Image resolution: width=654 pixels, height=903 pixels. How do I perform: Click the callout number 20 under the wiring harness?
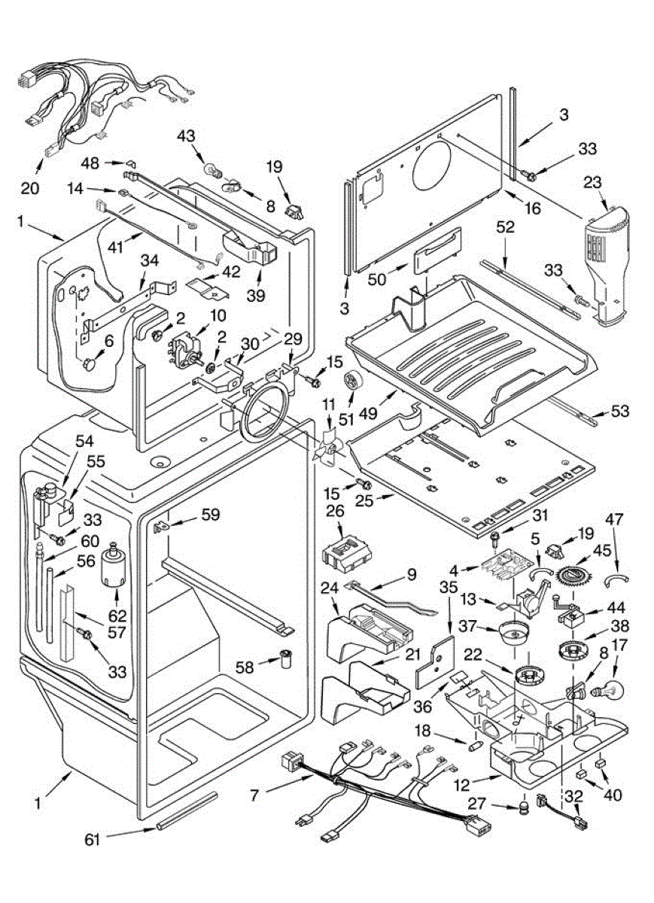tap(30, 188)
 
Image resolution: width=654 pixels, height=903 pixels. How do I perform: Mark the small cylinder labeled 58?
tap(286, 659)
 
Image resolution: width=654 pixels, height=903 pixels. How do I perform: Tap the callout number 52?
tap(505, 226)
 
